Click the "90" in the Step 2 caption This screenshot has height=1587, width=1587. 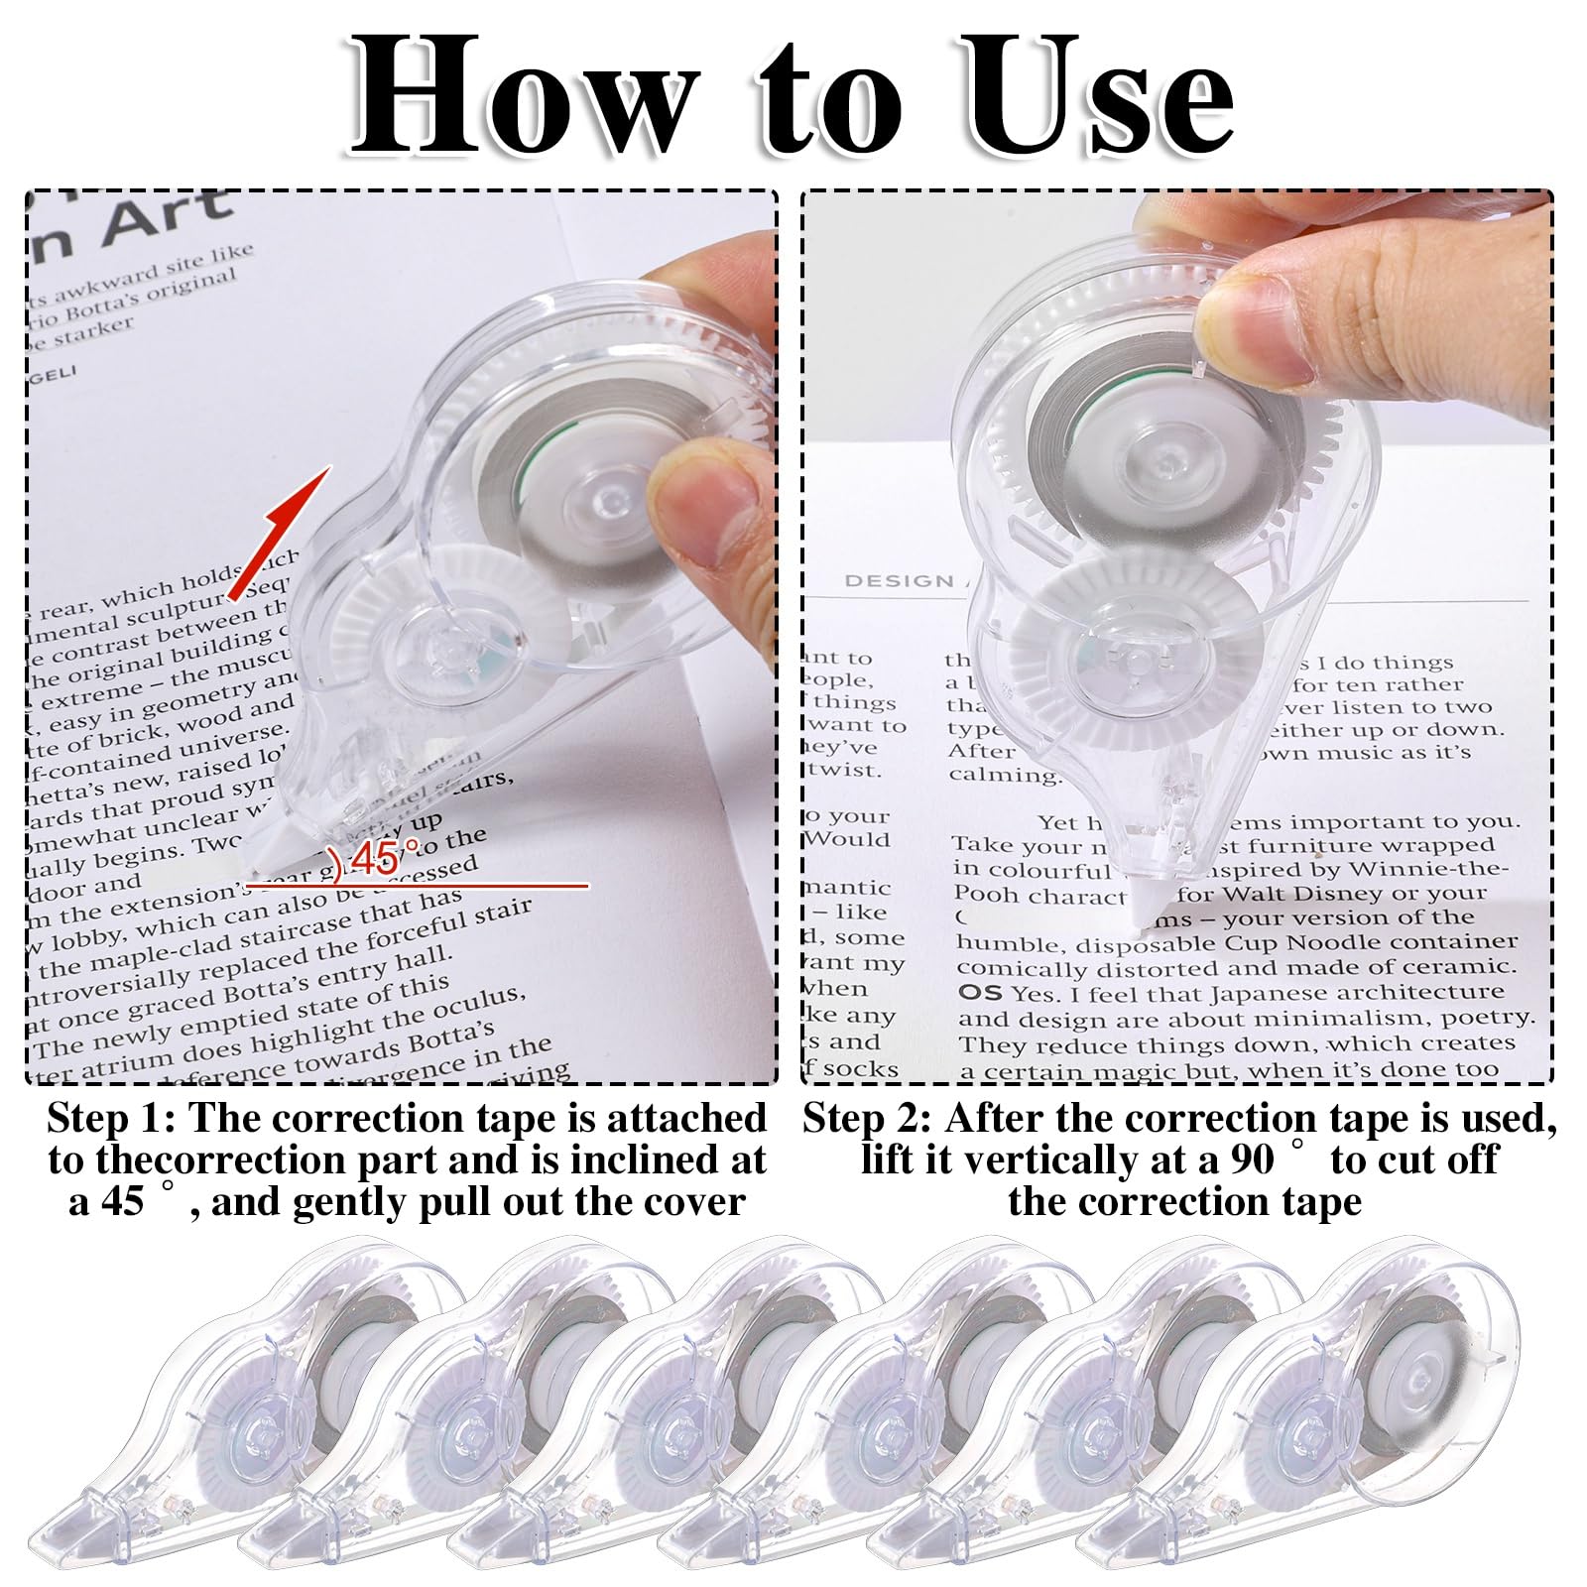tap(1252, 1160)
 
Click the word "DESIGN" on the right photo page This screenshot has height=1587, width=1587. tap(899, 581)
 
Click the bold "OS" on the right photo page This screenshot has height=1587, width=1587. tap(979, 993)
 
